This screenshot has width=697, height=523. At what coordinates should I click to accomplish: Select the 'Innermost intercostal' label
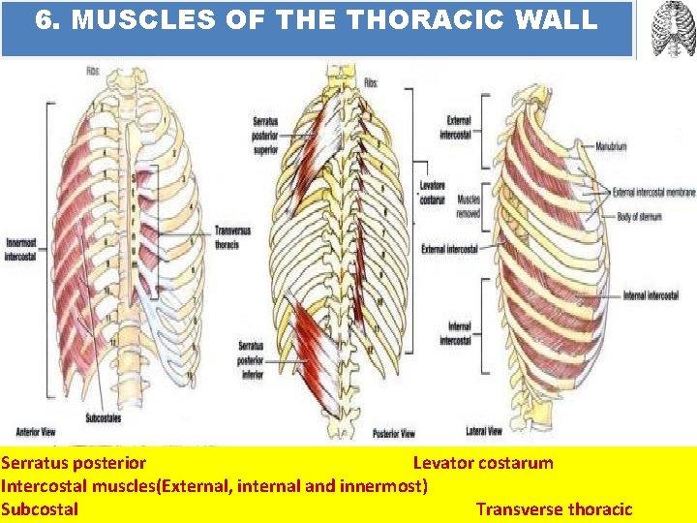20,251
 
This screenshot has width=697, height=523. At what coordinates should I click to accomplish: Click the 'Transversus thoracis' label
228,238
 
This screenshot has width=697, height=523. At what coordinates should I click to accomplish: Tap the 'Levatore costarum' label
433,192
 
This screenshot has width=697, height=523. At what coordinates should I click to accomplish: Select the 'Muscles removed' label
469,206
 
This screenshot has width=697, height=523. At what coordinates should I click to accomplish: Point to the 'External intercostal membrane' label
653,193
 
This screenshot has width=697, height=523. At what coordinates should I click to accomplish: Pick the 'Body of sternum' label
639,217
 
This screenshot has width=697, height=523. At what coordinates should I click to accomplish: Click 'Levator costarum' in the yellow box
483,463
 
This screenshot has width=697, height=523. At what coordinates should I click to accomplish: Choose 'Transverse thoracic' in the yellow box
554,509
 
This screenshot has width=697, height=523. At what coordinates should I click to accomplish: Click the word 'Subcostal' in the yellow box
40,509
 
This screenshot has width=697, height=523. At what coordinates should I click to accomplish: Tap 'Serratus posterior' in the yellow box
74,463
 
